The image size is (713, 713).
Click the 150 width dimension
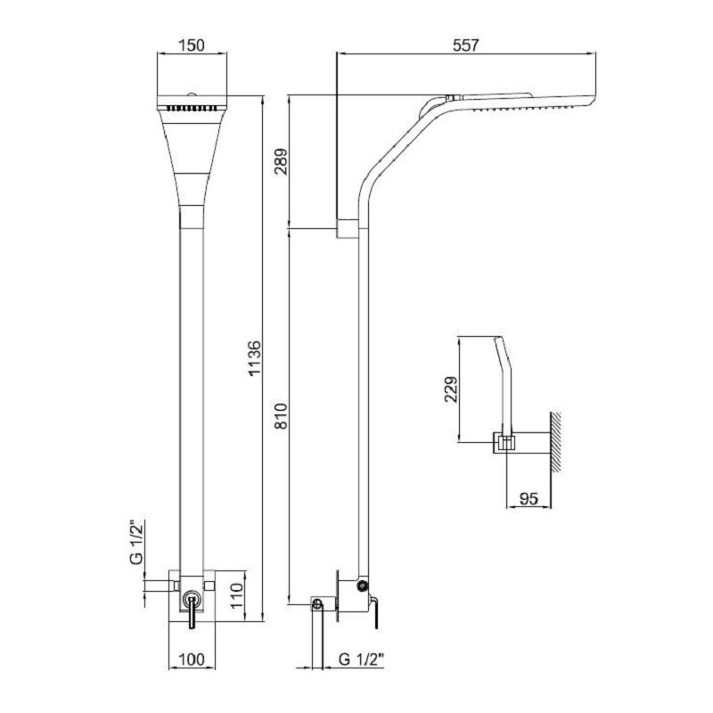click(192, 45)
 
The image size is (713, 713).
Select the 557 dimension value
click(466, 45)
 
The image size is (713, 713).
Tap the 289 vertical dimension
click(282, 161)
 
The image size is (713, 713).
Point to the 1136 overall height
click(255, 358)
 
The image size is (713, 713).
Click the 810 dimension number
click(282, 415)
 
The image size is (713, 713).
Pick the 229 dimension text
click(452, 389)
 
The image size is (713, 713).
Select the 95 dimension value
click(529, 499)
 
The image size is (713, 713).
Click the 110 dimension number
click(236, 596)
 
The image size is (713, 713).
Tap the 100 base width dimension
click(192, 659)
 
